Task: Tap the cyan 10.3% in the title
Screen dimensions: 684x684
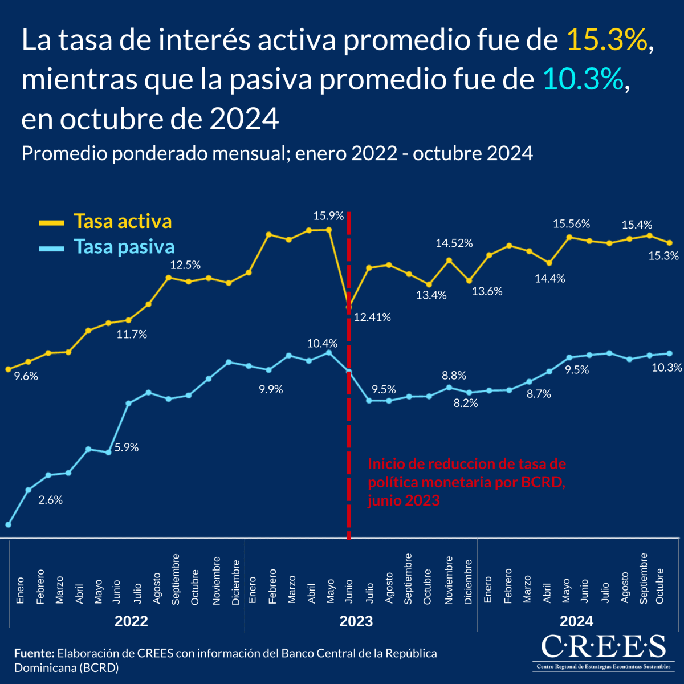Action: coord(583,79)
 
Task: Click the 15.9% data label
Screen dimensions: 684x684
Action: coord(328,216)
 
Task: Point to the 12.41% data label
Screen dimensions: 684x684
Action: coord(372,317)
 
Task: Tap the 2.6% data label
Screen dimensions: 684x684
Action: coord(50,500)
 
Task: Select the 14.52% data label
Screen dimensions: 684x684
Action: coord(454,243)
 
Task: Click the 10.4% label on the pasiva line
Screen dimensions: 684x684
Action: coord(322,344)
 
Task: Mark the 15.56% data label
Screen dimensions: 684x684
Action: coord(571,224)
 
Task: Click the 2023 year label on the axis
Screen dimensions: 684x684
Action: coord(356,621)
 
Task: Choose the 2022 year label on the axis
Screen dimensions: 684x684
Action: coord(131,621)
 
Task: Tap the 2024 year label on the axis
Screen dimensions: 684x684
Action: coord(576,621)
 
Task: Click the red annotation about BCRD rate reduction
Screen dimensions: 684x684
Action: coord(466,482)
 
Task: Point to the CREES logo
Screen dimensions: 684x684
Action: coord(602,651)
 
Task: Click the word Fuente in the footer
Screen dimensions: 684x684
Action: coord(34,653)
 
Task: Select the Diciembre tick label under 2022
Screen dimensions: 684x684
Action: coord(236,582)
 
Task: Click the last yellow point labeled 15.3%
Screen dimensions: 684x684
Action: coord(670,243)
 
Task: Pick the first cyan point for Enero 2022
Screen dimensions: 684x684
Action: coord(9,524)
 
